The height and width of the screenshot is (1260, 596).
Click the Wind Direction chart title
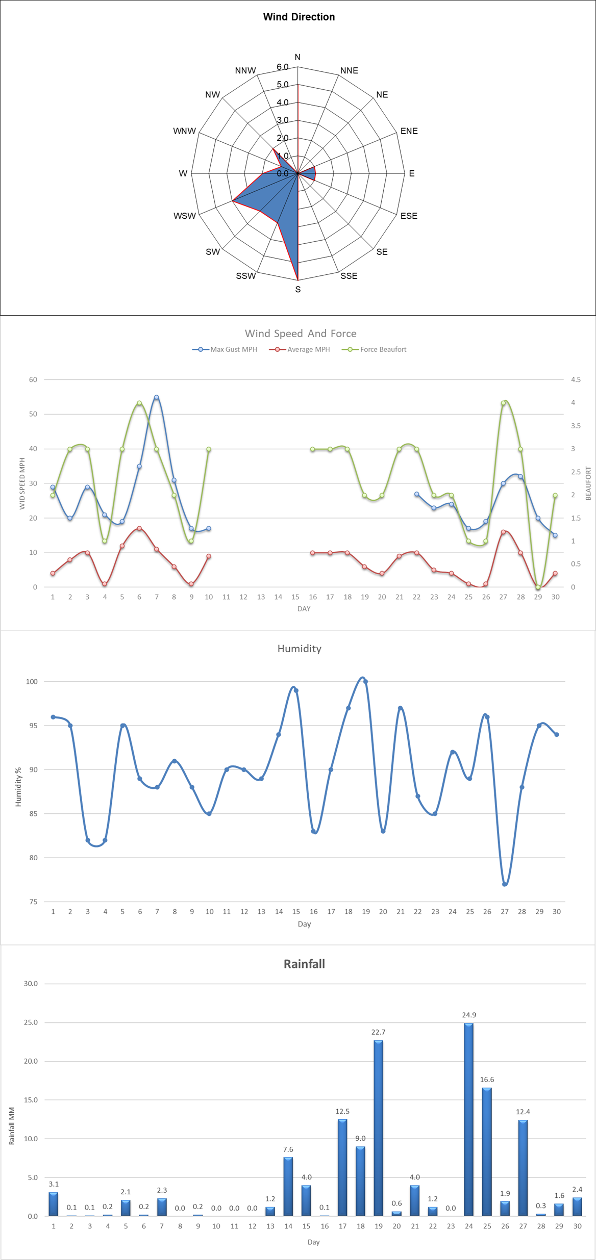pos(299,17)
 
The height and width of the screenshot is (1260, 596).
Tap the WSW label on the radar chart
pos(184,216)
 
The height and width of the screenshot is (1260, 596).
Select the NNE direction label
pos(349,70)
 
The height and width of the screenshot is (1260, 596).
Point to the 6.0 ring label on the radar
pos(282,67)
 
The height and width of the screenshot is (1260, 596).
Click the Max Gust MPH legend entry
pos(225,349)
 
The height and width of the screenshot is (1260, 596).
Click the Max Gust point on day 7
pos(157,397)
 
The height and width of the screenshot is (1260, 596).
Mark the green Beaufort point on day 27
pos(503,403)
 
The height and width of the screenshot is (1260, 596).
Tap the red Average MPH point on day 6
pos(139,528)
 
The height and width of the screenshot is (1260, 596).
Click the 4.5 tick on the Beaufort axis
pos(576,379)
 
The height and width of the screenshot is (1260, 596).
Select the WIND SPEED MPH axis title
pos(22,483)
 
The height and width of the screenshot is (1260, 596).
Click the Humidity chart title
pos(300,648)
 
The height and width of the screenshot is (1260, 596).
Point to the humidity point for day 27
pos(505,884)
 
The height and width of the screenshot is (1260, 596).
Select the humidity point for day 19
pos(365,682)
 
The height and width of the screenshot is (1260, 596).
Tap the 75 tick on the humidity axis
pos(33,902)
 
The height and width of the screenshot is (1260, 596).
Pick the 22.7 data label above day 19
pos(378,1032)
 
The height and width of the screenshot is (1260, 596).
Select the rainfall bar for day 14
pos(288,1186)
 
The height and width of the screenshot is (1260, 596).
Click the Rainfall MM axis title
pos(11,1126)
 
